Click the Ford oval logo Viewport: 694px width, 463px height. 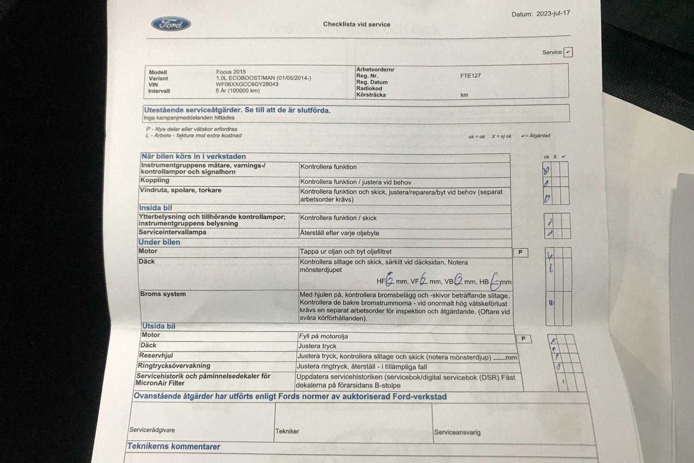[x=171, y=24]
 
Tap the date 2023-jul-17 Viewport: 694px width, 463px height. [x=553, y=13]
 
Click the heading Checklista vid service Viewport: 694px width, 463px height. [x=356, y=24]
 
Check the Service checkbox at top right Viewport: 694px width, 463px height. [x=569, y=52]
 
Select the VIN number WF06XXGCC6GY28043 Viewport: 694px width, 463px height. [x=247, y=84]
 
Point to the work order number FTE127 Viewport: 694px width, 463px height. [x=470, y=75]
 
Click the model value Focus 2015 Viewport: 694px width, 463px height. [x=231, y=72]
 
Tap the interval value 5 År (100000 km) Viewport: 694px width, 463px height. [x=237, y=91]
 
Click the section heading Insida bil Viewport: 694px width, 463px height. [x=155, y=208]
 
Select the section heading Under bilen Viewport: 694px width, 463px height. [x=159, y=242]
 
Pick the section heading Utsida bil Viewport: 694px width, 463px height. [x=159, y=326]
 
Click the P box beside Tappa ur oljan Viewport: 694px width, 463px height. [x=520, y=252]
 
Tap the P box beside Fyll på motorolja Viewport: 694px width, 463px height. [x=523, y=338]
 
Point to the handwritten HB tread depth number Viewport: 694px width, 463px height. [x=495, y=281]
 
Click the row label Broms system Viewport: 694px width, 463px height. [x=163, y=294]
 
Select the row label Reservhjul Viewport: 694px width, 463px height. [x=156, y=356]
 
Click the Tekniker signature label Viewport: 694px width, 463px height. [x=287, y=431]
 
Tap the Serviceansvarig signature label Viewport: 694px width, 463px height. [x=457, y=432]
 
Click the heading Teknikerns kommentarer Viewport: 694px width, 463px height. [x=173, y=446]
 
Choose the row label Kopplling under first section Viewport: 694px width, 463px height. [x=155, y=180]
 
